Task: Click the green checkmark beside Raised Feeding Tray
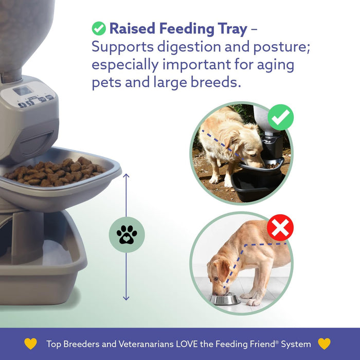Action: (99, 28)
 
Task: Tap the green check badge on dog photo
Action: (280, 117)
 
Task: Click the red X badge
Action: (280, 227)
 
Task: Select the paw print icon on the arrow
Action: (127, 235)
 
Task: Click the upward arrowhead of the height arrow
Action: (127, 176)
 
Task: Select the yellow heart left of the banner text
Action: (31, 344)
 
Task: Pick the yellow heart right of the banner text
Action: (324, 344)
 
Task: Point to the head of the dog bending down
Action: (219, 275)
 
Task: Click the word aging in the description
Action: (283, 65)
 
